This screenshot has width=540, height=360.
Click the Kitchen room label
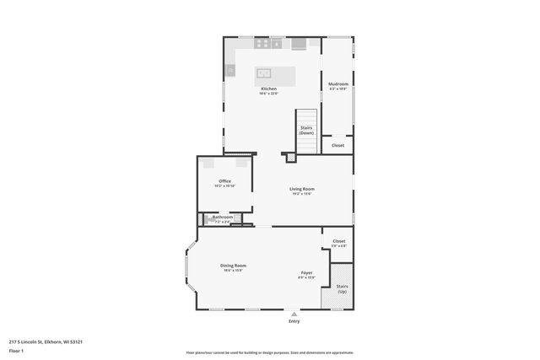pyautogui.click(x=268, y=89)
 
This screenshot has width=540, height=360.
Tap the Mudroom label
pyautogui.click(x=338, y=84)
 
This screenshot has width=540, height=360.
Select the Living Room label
pyautogui.click(x=302, y=189)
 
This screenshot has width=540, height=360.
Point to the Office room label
pyautogui.click(x=224, y=181)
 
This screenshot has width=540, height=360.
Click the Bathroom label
pyautogui.click(x=223, y=217)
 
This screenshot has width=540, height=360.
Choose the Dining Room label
pyautogui.click(x=234, y=265)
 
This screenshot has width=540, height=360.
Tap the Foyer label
pyautogui.click(x=307, y=272)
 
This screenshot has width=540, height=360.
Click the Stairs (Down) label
pyautogui.click(x=306, y=130)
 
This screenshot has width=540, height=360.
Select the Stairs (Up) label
pyautogui.click(x=342, y=288)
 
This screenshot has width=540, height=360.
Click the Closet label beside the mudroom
pyautogui.click(x=337, y=145)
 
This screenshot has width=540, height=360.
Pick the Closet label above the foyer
pyautogui.click(x=338, y=241)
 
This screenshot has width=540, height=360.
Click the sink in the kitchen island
pyautogui.click(x=262, y=73)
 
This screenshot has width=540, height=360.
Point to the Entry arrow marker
pyautogui.click(x=294, y=314)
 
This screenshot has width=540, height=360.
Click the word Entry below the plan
pyautogui.click(x=294, y=321)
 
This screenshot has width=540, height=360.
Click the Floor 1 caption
pyautogui.click(x=17, y=351)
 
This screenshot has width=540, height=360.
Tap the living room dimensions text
pyautogui.click(x=302, y=194)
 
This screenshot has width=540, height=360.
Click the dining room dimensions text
pyautogui.click(x=234, y=270)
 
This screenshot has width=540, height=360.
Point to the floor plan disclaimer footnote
pyautogui.click(x=269, y=353)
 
